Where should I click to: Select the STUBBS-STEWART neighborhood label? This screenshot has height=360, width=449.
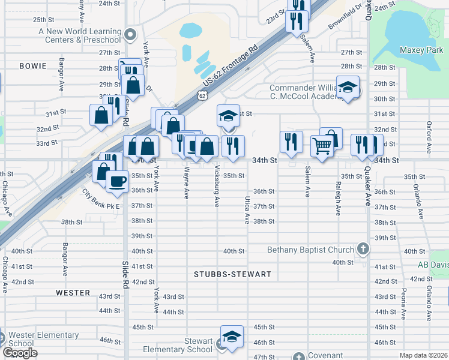point(233,274)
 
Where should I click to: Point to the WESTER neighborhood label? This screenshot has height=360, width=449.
point(73,293)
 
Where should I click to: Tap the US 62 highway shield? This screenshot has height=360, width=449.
point(202,95)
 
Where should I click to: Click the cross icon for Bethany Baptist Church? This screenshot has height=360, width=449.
point(363,248)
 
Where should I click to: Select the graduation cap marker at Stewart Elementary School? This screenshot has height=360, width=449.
point(232,337)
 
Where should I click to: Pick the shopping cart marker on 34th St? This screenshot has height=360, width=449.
point(322,145)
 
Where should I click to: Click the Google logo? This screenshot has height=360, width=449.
point(20,353)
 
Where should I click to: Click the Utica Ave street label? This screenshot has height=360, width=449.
point(247,210)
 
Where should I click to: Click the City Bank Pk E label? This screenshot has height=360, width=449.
point(101,199)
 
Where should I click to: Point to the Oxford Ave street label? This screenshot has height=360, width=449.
point(429,137)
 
